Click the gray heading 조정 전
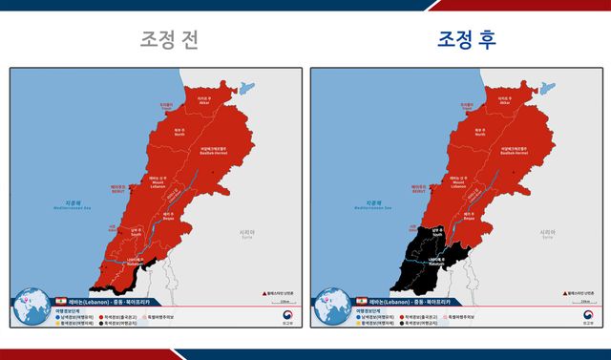click(169, 39)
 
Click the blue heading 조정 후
click(468, 39)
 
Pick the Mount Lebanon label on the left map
click(160, 184)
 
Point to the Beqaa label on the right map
click(468, 216)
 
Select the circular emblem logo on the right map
click(587, 316)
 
